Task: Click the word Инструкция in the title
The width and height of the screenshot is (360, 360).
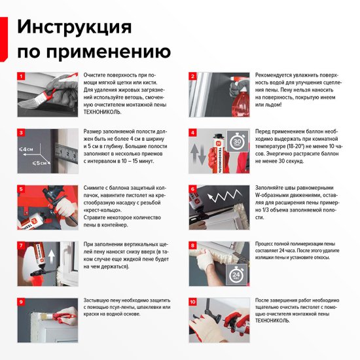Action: [x=74, y=27]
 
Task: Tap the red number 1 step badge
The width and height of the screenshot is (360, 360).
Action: [x=21, y=76]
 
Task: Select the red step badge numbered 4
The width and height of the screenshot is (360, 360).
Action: [x=193, y=132]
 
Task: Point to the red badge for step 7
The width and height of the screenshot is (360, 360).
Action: [x=21, y=245]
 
